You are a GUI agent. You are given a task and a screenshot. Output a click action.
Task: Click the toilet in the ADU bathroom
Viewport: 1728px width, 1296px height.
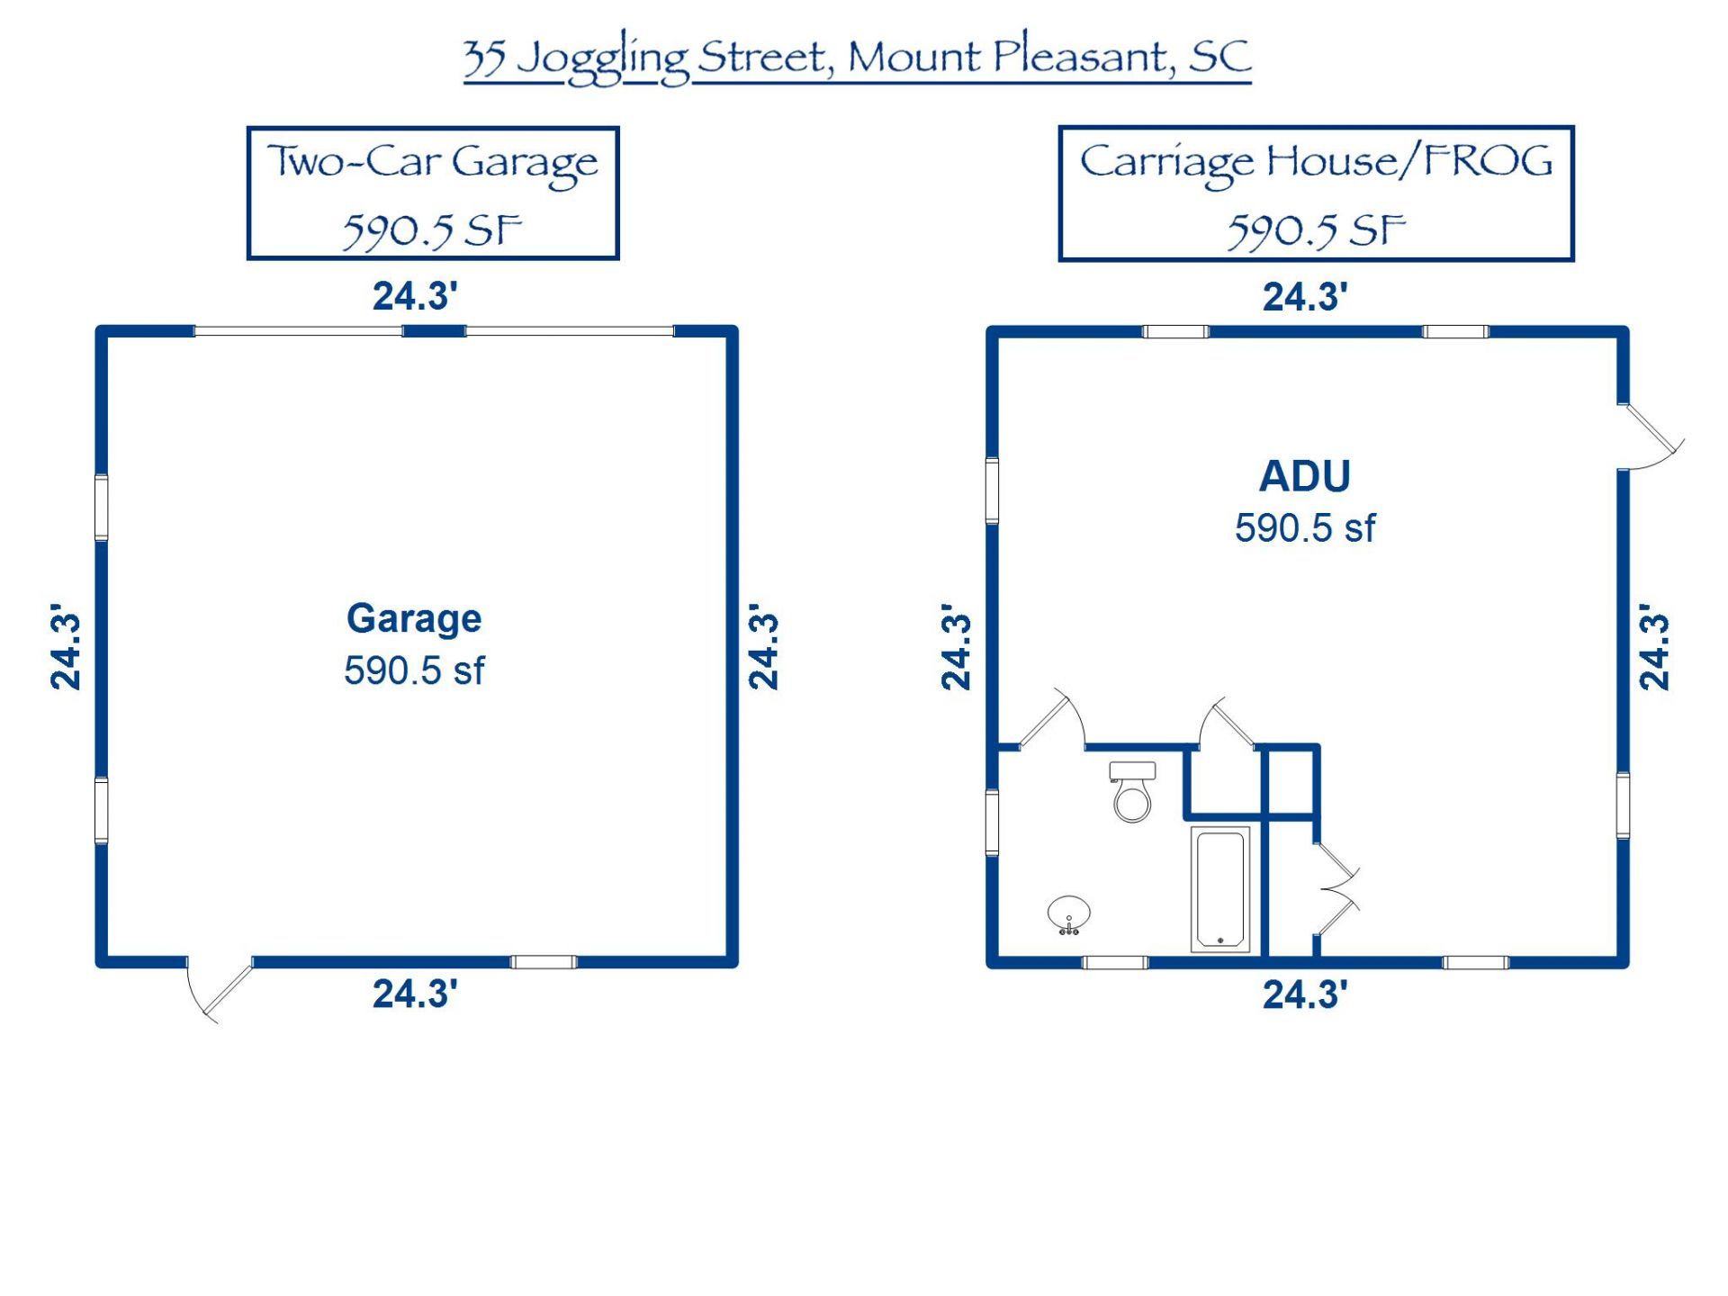click(x=1132, y=791)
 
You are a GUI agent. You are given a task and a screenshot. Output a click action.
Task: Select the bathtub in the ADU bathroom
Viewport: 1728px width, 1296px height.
click(x=1220, y=888)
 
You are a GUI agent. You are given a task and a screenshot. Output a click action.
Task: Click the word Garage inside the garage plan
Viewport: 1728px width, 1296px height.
click(x=414, y=619)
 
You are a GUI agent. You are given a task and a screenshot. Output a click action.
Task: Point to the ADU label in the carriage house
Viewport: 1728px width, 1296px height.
click(x=1305, y=476)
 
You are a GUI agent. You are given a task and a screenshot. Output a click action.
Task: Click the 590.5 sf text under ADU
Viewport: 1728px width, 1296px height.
click(x=1305, y=528)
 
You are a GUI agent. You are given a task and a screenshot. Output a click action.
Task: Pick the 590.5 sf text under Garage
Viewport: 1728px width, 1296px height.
click(x=414, y=670)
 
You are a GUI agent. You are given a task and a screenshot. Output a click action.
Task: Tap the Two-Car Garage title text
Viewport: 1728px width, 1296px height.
click(x=433, y=164)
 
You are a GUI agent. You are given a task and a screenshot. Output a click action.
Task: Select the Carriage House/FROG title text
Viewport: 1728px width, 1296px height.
click(x=1316, y=163)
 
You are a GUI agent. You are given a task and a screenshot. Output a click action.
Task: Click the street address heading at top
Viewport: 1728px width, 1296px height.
click(x=857, y=58)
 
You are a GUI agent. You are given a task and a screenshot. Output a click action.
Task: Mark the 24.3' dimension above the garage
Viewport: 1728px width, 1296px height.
click(x=415, y=296)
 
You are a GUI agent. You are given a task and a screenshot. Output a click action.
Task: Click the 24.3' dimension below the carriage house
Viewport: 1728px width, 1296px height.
click(x=1305, y=994)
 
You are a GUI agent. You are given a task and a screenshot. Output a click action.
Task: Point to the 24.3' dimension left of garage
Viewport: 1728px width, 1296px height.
click(x=66, y=647)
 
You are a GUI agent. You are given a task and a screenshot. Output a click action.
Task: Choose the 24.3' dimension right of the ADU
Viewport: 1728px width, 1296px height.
click(x=1654, y=647)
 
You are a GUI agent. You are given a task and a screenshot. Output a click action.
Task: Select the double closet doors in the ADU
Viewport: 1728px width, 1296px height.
click(x=1336, y=889)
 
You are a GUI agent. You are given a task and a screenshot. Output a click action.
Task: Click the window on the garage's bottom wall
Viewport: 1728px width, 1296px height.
click(x=544, y=962)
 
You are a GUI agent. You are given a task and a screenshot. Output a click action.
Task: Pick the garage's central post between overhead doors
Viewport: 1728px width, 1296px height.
click(x=434, y=331)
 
